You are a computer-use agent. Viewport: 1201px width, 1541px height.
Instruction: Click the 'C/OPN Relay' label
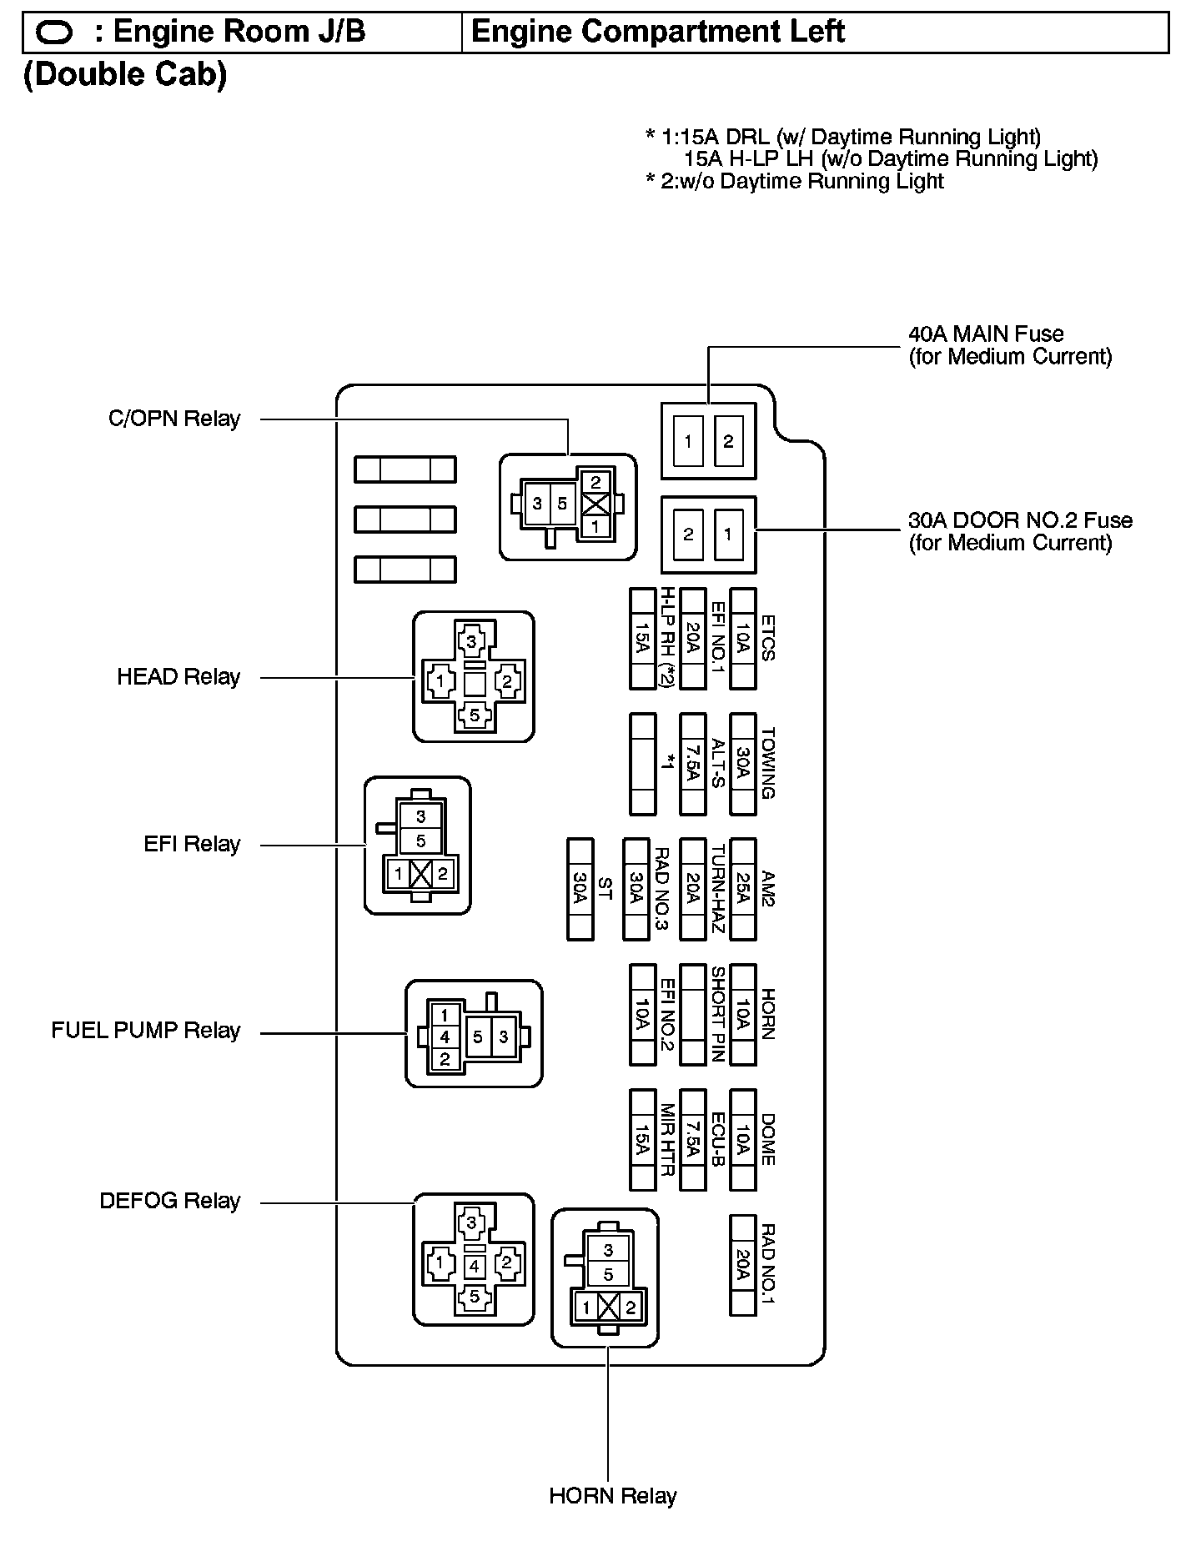point(174,419)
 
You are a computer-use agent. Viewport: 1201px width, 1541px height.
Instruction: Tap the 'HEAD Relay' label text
point(178,677)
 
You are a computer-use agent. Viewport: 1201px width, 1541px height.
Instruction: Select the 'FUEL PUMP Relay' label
point(146,1032)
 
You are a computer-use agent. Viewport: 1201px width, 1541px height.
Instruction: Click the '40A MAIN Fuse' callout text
point(986,334)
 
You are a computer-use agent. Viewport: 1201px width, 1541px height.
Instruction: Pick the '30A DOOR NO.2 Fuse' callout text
point(1020,521)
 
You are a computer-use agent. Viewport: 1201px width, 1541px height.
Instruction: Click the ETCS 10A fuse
point(742,639)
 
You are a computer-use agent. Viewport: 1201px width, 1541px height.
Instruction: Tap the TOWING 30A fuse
point(742,764)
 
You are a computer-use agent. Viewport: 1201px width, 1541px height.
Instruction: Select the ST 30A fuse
point(580,890)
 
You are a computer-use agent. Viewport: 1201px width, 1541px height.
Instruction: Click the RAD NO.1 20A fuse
point(742,1265)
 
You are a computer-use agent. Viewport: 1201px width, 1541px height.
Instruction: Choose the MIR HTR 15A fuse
point(642,1140)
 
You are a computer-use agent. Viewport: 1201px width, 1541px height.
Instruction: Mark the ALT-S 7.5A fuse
point(692,764)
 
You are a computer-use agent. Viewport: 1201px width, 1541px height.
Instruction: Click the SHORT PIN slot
point(692,1015)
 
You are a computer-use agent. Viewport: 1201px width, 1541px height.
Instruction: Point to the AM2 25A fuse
point(742,890)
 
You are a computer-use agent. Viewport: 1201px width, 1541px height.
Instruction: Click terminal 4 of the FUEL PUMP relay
point(445,1037)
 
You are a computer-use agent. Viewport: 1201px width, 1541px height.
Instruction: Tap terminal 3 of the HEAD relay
point(472,642)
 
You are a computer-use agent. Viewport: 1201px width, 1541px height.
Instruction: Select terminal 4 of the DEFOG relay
point(474,1267)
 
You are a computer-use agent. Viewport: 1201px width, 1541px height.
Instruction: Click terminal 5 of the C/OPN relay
point(562,504)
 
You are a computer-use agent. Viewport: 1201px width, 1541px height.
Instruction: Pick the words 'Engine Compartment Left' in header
point(658,33)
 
